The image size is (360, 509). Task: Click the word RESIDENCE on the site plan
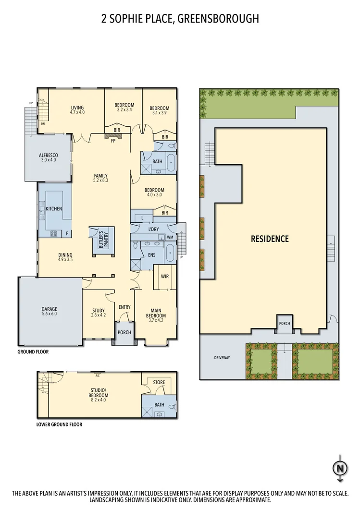click(270, 239)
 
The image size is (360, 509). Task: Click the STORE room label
click(159, 383)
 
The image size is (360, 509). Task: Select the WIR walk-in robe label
click(164, 276)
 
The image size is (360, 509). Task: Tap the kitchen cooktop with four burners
click(53, 234)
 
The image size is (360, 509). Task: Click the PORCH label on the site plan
click(284, 323)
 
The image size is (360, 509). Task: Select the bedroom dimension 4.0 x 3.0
click(154, 195)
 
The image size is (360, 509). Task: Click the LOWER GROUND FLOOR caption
click(59, 424)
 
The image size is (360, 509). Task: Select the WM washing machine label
click(170, 237)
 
